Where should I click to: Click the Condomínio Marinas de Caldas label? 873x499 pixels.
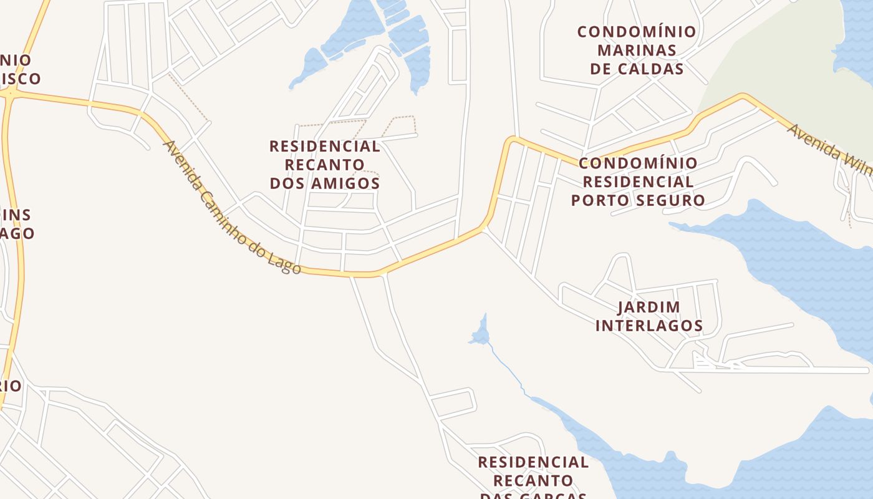[x=637, y=50]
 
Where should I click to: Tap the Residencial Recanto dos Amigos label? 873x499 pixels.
[x=324, y=165]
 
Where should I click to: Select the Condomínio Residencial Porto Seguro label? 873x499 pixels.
[x=637, y=182]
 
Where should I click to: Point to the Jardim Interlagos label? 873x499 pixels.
[x=649, y=316]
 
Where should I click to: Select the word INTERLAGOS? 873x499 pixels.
[x=649, y=326]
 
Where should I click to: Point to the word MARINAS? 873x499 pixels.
[x=637, y=50]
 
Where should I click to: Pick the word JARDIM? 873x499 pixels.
[x=649, y=307]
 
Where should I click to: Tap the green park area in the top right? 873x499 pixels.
[x=773, y=62]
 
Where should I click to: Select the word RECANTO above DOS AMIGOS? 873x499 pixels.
[x=324, y=165]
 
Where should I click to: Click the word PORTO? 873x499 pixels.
[x=600, y=200]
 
